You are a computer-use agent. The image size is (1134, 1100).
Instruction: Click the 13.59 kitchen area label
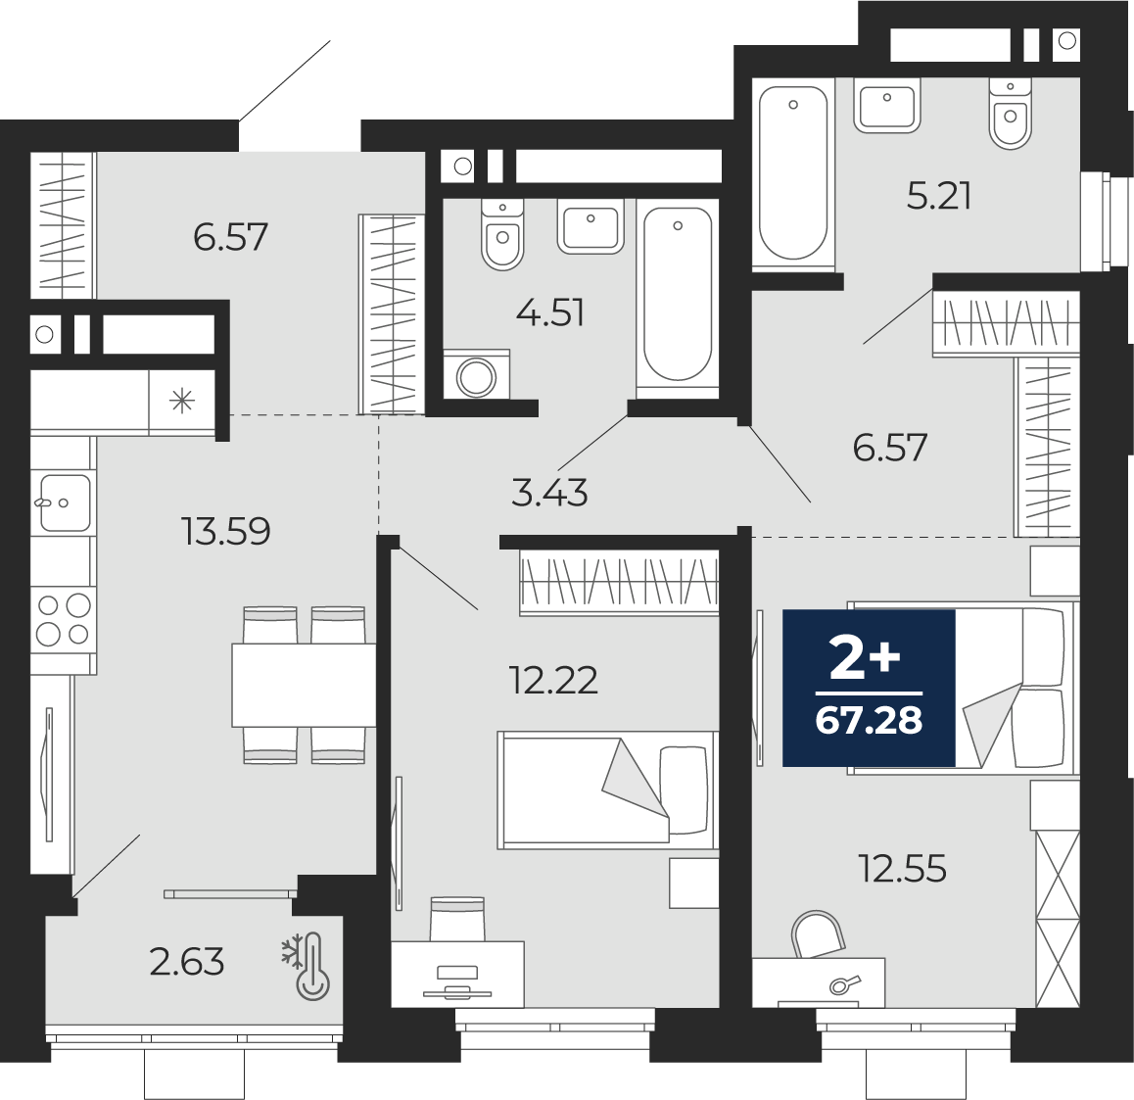[226, 532]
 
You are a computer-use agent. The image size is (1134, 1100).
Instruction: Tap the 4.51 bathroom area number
[550, 313]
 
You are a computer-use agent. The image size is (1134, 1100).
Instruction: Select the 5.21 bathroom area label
[939, 196]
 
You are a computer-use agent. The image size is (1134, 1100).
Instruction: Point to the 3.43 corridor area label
[549, 494]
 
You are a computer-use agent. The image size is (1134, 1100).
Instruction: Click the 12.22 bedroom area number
[554, 681]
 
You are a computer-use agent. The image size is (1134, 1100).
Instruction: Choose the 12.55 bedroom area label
[903, 869]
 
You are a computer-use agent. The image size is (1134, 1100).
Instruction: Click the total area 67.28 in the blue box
[869, 720]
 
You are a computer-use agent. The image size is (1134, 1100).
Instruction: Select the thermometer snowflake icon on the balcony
[306, 966]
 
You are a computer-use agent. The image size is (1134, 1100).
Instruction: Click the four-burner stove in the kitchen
[64, 619]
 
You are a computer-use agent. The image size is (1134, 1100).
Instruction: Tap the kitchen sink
[65, 502]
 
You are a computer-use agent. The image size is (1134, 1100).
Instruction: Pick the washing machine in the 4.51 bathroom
[476, 374]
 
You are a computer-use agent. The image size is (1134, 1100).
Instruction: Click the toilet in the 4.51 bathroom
[502, 233]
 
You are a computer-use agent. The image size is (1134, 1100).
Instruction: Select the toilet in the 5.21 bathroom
[1011, 112]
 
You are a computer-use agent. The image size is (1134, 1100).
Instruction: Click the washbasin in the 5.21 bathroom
[886, 105]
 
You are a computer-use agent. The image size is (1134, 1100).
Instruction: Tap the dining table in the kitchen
[304, 685]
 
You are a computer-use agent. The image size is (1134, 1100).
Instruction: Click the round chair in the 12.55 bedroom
[818, 934]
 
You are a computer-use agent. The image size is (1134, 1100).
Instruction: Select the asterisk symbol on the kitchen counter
[182, 400]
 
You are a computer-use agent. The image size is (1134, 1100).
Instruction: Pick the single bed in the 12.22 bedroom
[607, 789]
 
